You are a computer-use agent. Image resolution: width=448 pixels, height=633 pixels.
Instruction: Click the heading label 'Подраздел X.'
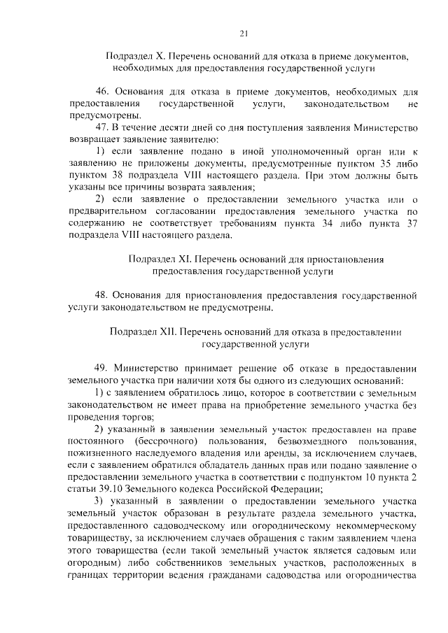pyautogui.click(x=136, y=55)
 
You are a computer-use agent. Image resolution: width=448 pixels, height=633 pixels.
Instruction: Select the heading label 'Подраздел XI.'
pyautogui.click(x=159, y=259)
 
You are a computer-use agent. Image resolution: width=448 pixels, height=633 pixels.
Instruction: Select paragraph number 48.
pyautogui.click(x=102, y=296)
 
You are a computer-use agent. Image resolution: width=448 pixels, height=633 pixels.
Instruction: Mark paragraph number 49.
pyautogui.click(x=102, y=369)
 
